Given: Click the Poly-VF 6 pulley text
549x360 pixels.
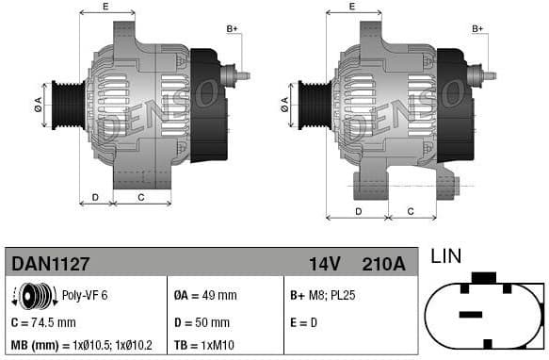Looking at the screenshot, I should (85, 295).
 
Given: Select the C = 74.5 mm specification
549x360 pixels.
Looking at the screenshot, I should (44, 321).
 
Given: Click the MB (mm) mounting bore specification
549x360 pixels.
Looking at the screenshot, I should (82, 345).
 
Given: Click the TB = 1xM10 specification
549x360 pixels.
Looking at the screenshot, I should (209, 345).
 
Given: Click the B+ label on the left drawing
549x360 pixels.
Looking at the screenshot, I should (232, 29).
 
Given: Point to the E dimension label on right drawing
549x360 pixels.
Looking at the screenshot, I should (351, 7).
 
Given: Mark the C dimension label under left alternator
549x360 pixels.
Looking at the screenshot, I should (140, 197).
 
